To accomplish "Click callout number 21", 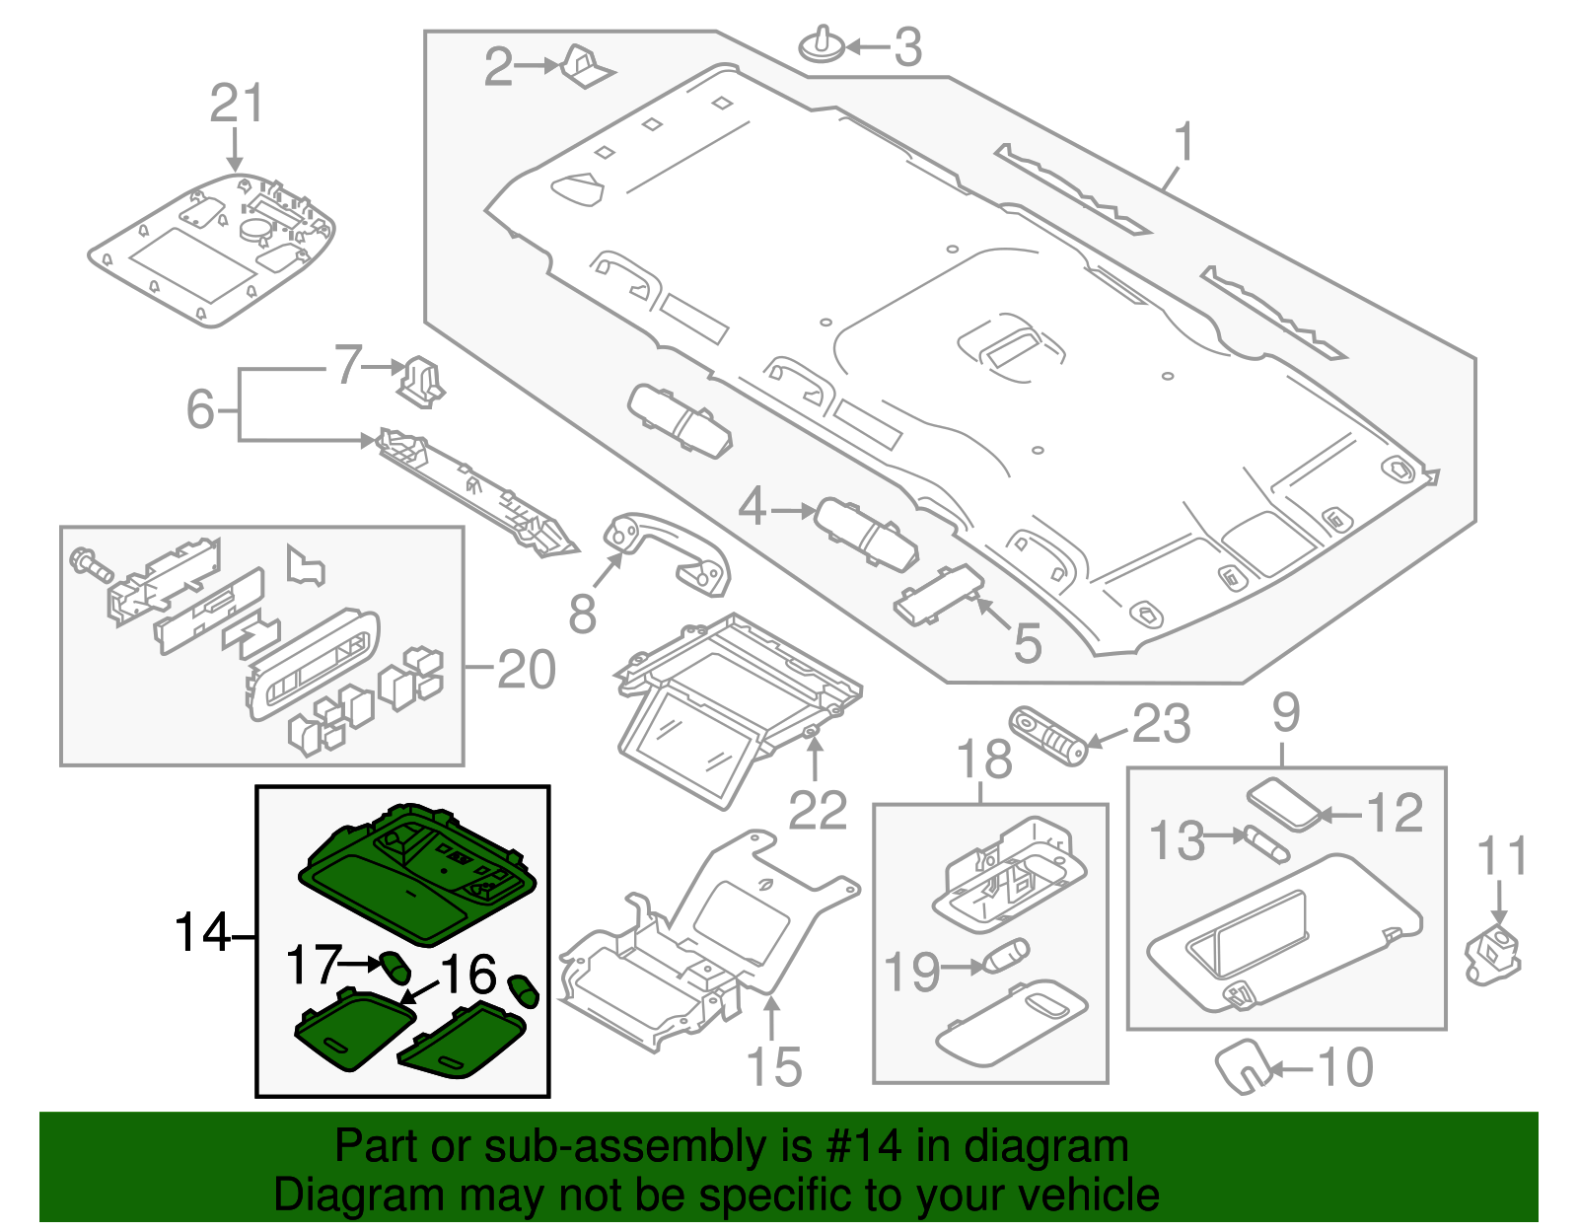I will tap(237, 104).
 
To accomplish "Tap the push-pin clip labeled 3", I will tap(822, 46).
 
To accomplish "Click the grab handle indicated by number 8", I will tap(671, 552).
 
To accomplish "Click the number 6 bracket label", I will tap(200, 408).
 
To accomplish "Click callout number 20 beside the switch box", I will tap(527, 670).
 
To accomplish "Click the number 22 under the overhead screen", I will tap(818, 811).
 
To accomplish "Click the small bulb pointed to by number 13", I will tap(1266, 844).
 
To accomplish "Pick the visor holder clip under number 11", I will tap(1493, 953).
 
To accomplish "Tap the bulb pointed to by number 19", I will tap(1006, 957).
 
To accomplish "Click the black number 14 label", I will tap(202, 931).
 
